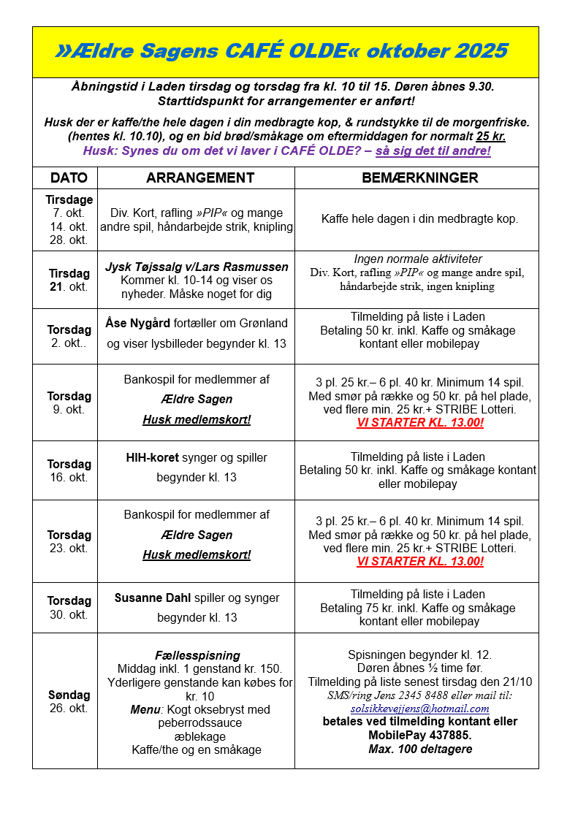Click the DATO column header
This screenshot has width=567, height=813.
pos(69,178)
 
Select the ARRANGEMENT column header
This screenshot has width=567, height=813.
pos(200,178)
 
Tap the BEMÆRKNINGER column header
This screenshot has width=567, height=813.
pos(420,178)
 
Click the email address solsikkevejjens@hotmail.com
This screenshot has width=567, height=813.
pos(419,709)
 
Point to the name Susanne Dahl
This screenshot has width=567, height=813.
pos(153,598)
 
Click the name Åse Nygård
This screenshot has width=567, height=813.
pos(137,323)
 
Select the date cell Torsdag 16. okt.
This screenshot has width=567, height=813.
pos(69,470)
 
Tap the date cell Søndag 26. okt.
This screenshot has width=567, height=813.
pos(69,701)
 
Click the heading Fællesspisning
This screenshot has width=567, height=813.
pos(197,655)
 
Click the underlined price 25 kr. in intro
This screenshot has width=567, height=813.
pos(490,137)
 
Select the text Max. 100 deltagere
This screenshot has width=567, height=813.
pos(420,749)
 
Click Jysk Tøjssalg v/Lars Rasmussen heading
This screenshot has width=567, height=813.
pos(197,267)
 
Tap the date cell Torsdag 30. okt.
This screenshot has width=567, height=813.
pos(69,608)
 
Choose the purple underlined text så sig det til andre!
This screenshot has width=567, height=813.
pos(433,151)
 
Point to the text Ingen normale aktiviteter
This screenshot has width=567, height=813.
pos(418,259)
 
